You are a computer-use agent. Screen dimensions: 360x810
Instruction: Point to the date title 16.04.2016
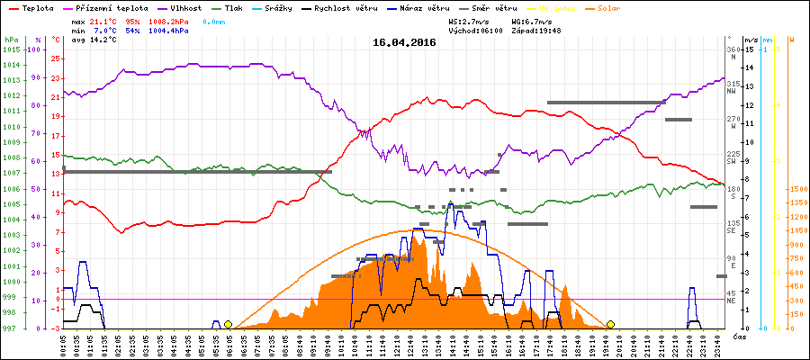click(x=404, y=41)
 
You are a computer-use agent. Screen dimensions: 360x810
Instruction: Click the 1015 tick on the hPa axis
click(x=11, y=50)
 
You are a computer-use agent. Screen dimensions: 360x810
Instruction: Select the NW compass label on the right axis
click(x=733, y=89)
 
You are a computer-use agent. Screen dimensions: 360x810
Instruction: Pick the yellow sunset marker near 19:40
click(x=610, y=324)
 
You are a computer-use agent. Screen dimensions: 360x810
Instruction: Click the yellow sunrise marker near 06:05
click(x=228, y=324)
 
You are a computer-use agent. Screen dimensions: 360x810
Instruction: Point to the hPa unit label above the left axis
click(x=11, y=40)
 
